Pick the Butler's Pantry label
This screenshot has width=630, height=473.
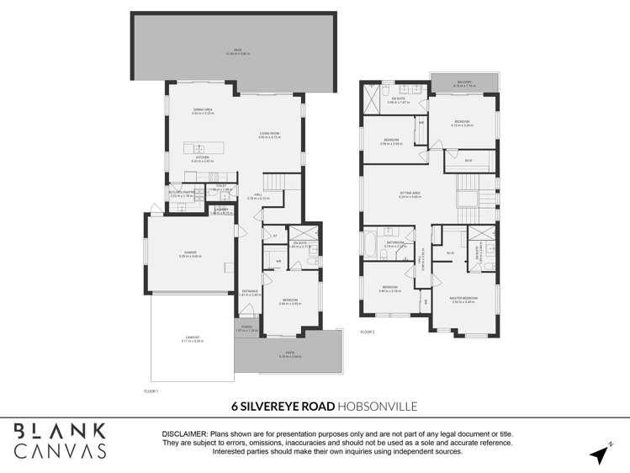(182, 194)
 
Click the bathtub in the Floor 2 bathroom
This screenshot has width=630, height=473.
(371, 246)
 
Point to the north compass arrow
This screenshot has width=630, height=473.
(599, 453)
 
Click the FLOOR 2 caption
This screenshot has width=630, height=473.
(367, 332)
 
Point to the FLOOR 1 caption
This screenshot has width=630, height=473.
(151, 391)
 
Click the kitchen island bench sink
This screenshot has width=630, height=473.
(189, 148)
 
